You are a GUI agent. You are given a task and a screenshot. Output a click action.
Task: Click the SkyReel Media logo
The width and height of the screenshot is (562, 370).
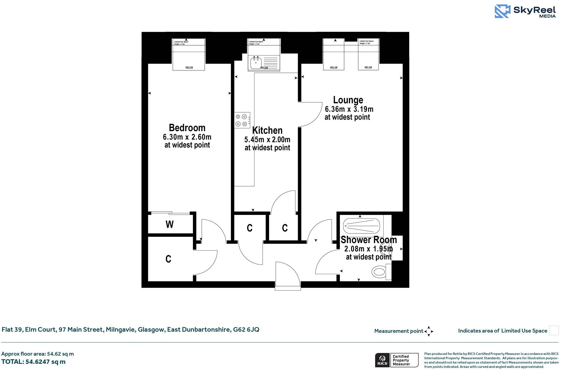[525, 11]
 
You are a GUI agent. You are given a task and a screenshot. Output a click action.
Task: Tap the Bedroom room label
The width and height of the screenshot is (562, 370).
[187, 128]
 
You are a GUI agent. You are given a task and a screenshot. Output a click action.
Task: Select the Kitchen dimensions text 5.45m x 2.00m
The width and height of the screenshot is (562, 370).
[267, 140]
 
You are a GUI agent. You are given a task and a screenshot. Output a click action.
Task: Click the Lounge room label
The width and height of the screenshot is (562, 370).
[348, 100]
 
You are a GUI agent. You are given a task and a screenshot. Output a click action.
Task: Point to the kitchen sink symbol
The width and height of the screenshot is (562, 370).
[256, 62]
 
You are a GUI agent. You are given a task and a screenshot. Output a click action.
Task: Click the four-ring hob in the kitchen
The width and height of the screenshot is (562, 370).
[242, 120]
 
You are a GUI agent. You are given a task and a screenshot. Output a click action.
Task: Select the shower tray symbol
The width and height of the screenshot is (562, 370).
[361, 226]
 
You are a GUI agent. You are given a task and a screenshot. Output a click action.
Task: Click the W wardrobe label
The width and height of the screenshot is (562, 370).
[170, 224]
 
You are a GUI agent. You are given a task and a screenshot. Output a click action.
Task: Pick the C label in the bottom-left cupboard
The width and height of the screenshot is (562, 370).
[168, 259]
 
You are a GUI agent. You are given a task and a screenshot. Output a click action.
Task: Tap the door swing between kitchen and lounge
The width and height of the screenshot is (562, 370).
[310, 115]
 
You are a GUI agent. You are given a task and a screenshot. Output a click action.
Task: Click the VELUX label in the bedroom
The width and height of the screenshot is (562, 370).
[189, 68]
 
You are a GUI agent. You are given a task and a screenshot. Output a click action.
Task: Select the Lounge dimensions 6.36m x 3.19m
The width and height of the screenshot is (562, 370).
[349, 109]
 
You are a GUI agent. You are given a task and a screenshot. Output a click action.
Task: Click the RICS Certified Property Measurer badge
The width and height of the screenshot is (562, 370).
[396, 360]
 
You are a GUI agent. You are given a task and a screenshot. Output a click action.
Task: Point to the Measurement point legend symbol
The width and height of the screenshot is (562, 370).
[429, 331]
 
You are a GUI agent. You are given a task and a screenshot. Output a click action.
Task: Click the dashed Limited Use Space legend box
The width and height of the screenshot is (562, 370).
[554, 330]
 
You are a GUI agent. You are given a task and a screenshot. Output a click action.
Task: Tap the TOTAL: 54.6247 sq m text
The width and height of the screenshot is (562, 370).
[33, 362]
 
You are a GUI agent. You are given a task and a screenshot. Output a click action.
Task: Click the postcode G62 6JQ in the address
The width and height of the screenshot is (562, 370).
[246, 330]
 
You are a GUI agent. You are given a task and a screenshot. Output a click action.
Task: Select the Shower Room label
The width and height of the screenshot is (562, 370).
[368, 240]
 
